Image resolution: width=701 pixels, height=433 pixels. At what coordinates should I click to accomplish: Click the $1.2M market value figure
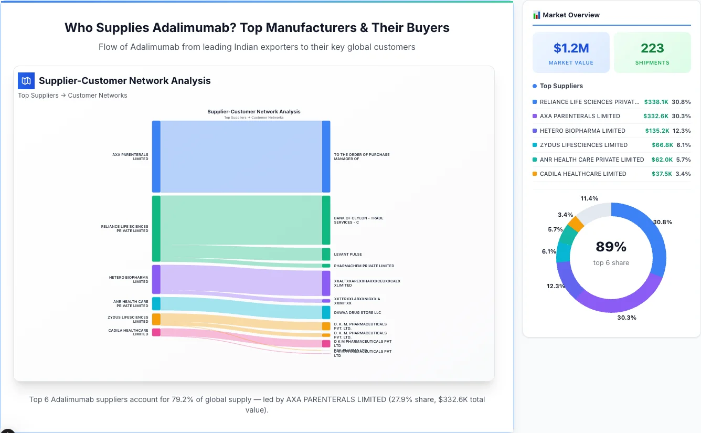pyautogui.click(x=571, y=48)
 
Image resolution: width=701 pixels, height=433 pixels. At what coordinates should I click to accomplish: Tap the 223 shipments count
pyautogui.click(x=652, y=48)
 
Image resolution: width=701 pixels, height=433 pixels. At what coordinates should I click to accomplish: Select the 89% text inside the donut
pyautogui.click(x=611, y=247)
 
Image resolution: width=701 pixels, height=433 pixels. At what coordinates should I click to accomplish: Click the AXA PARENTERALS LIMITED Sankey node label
pyautogui.click(x=130, y=156)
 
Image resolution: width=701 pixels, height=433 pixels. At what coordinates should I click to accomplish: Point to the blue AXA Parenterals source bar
pyautogui.click(x=156, y=156)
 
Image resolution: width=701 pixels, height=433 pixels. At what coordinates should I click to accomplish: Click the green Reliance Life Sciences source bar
pyautogui.click(x=156, y=228)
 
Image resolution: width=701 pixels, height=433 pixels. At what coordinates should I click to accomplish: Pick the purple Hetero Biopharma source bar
pyautogui.click(x=156, y=279)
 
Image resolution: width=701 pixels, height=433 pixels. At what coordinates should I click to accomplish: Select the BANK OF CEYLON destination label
pyautogui.click(x=358, y=220)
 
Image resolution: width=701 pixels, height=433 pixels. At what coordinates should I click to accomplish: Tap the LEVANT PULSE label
pyautogui.click(x=348, y=255)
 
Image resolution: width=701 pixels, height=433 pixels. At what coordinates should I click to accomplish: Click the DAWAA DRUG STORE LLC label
pyautogui.click(x=357, y=312)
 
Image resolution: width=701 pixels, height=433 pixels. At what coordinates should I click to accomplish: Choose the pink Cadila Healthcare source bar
pyautogui.click(x=156, y=332)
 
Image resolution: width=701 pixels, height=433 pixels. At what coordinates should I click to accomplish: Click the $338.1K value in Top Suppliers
pyautogui.click(x=656, y=102)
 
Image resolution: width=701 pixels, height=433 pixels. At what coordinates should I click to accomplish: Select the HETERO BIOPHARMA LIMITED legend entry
pyautogui.click(x=582, y=131)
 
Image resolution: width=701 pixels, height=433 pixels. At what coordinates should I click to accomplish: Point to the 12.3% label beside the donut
pyautogui.click(x=556, y=286)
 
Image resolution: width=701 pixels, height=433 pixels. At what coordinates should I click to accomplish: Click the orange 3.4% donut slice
pyautogui.click(x=576, y=224)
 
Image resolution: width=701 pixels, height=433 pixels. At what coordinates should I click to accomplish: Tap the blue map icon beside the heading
pyautogui.click(x=26, y=81)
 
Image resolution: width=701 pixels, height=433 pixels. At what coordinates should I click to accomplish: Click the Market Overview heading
pyautogui.click(x=571, y=15)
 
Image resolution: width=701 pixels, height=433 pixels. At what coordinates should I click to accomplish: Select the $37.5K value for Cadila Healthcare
pyautogui.click(x=661, y=174)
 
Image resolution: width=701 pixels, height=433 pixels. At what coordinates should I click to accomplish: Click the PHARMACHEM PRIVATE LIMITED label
pyautogui.click(x=364, y=266)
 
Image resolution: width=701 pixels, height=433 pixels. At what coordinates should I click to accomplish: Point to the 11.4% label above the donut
pyautogui.click(x=589, y=198)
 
